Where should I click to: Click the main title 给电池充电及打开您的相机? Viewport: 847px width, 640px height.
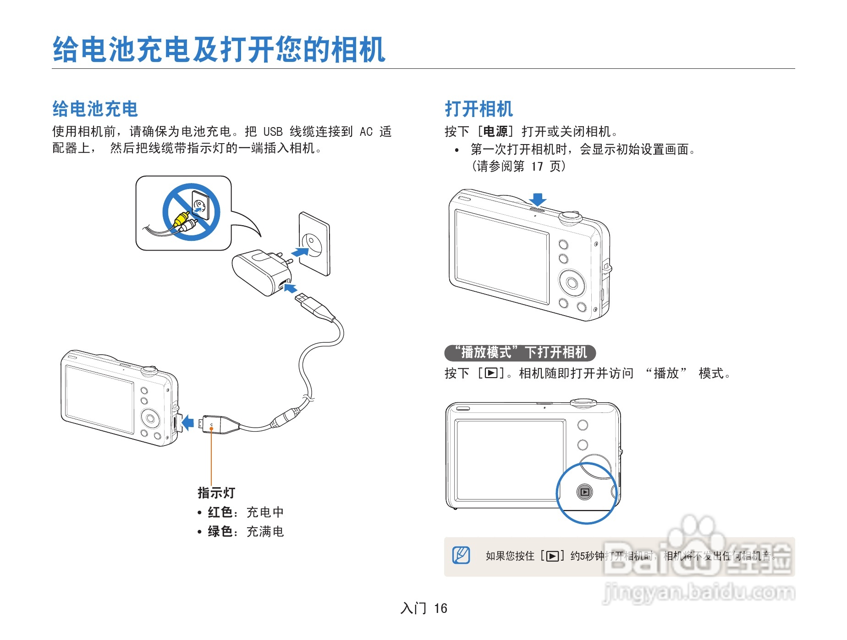[x=219, y=49]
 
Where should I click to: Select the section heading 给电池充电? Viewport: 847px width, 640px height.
[x=95, y=109]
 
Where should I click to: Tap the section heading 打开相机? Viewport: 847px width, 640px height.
[x=478, y=109]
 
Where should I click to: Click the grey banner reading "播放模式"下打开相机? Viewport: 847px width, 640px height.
[x=520, y=352]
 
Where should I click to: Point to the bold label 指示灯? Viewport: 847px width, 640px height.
[x=216, y=493]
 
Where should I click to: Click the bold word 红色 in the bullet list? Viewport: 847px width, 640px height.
[x=220, y=512]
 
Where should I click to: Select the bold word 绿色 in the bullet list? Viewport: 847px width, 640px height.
[x=220, y=531]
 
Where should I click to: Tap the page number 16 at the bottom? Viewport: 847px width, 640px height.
[x=440, y=608]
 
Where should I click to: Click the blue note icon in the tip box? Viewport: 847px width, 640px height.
[x=461, y=555]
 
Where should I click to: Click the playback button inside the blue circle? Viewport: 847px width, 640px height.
[x=585, y=492]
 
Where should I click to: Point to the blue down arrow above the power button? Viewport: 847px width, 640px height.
[x=538, y=199]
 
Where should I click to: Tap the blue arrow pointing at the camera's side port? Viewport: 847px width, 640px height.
[x=187, y=422]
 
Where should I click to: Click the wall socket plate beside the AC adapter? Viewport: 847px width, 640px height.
[x=314, y=244]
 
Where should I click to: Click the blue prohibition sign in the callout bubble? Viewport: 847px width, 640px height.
[x=191, y=211]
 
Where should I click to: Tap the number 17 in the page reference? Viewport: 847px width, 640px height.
[x=537, y=166]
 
